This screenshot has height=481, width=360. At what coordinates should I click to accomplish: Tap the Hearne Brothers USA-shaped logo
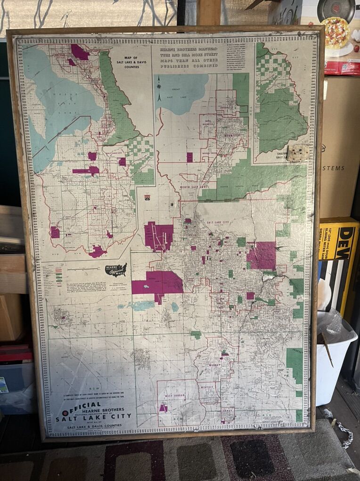tap(116, 270)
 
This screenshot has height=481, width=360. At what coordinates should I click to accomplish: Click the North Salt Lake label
tap(193, 187)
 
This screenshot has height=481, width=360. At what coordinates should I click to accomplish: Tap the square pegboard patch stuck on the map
tap(298, 153)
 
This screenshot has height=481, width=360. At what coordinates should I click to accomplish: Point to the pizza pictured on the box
tap(335, 33)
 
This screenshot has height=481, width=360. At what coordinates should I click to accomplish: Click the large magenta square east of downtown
tap(262, 255)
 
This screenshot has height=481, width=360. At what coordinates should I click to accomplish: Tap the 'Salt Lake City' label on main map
tap(217, 222)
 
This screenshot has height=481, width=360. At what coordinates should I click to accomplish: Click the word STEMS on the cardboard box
tap(334, 167)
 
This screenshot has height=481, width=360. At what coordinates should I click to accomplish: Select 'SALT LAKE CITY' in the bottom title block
tap(93, 417)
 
